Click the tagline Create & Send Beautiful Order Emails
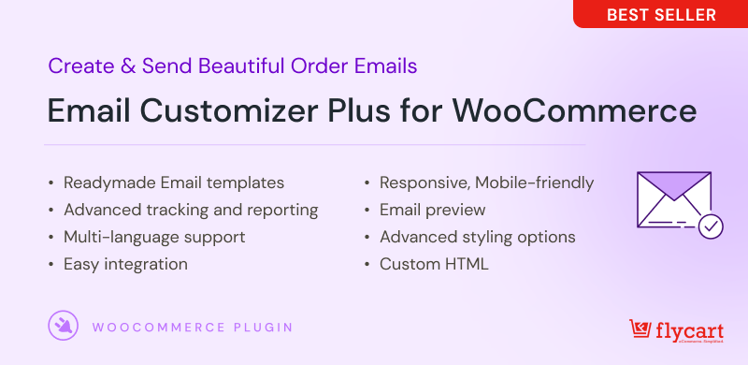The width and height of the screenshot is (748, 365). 232,66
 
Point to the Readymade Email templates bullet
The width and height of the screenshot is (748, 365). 174,182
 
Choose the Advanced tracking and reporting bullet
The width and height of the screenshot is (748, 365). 191,210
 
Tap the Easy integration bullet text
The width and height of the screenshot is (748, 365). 125,264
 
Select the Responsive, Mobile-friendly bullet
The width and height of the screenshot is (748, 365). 486,182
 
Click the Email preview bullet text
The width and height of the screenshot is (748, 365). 432,210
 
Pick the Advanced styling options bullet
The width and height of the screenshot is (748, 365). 477,237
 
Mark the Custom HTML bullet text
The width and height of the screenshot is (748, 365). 434,264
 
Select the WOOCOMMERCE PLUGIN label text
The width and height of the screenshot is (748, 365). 193,328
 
